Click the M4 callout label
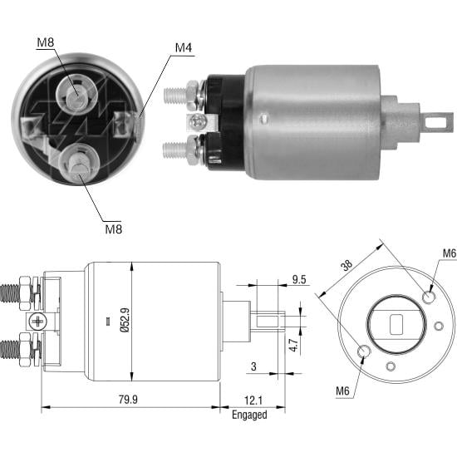coord(183,47)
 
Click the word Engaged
coord(249,415)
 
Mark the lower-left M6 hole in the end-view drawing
coord(363,352)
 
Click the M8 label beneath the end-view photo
coord(114,228)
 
